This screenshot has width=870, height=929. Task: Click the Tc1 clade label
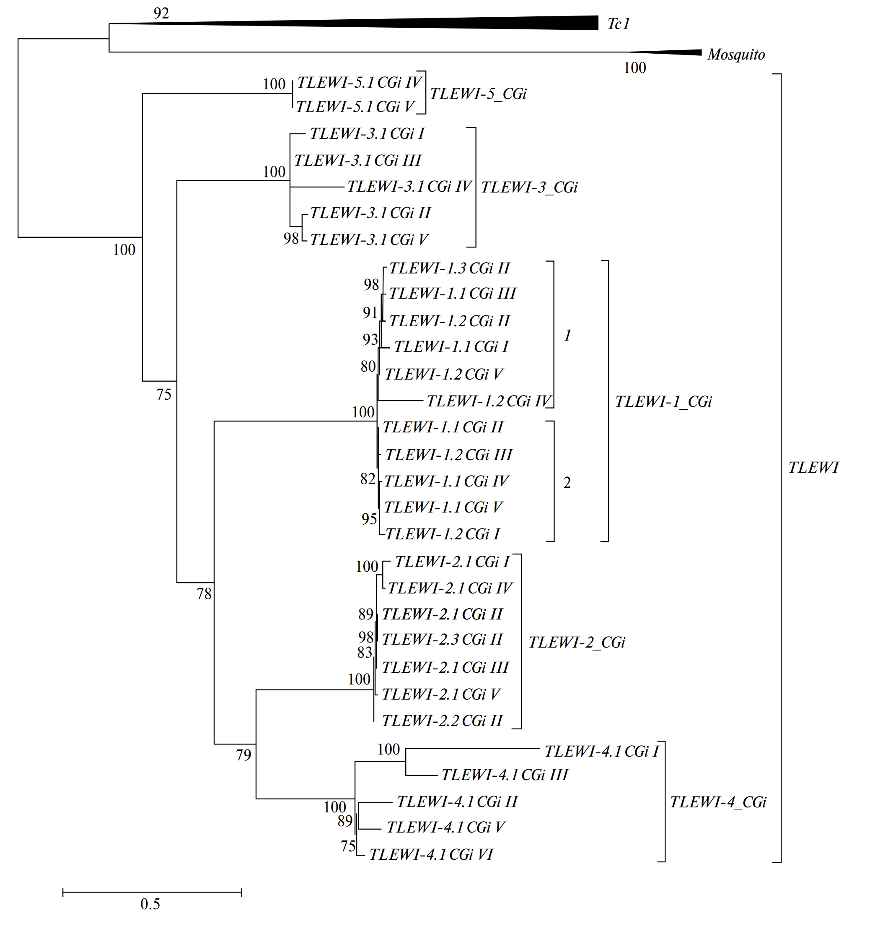[618, 24]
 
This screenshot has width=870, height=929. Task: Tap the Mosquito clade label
[736, 55]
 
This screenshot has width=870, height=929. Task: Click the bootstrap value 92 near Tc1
[161, 13]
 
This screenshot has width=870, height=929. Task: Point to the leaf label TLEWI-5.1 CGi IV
[360, 83]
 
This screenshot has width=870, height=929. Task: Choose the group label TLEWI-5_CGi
[478, 94]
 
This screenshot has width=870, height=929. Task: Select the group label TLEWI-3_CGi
[529, 187]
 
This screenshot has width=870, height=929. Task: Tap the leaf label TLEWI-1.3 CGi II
[449, 268]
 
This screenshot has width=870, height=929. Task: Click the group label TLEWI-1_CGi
[663, 401]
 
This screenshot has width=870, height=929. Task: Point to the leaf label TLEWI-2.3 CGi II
[442, 639]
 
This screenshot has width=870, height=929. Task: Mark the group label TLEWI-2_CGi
[577, 643]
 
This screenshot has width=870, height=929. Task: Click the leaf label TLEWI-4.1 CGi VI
[431, 855]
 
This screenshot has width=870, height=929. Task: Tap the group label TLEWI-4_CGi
[718, 802]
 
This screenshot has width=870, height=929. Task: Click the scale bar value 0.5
[150, 904]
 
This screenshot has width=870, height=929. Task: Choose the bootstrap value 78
[204, 594]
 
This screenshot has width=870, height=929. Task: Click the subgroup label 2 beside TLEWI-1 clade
[567, 483]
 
